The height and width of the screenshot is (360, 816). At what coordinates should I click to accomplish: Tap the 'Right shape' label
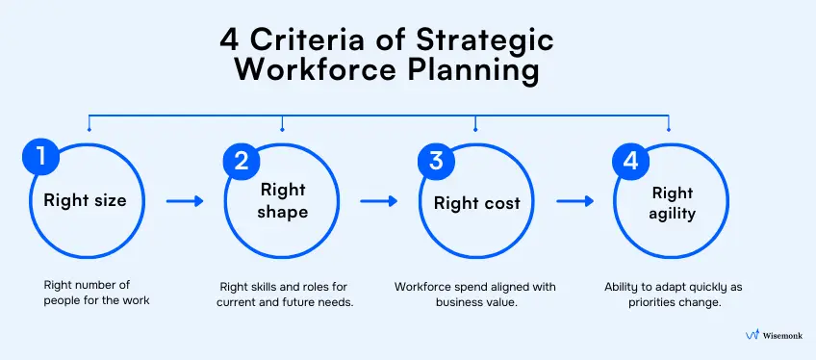[283, 202]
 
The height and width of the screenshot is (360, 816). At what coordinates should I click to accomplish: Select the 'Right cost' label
[477, 203]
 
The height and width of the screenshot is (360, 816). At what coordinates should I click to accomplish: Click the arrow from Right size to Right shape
[185, 202]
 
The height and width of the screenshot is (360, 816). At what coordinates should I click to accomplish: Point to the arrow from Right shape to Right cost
[379, 202]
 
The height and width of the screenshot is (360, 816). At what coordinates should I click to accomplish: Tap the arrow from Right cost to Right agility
[575, 202]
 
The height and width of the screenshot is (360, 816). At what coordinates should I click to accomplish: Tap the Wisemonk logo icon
[752, 335]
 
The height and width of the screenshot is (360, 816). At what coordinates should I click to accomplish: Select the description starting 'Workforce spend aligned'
[474, 294]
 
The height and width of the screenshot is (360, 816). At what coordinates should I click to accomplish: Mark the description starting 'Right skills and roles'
[286, 294]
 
